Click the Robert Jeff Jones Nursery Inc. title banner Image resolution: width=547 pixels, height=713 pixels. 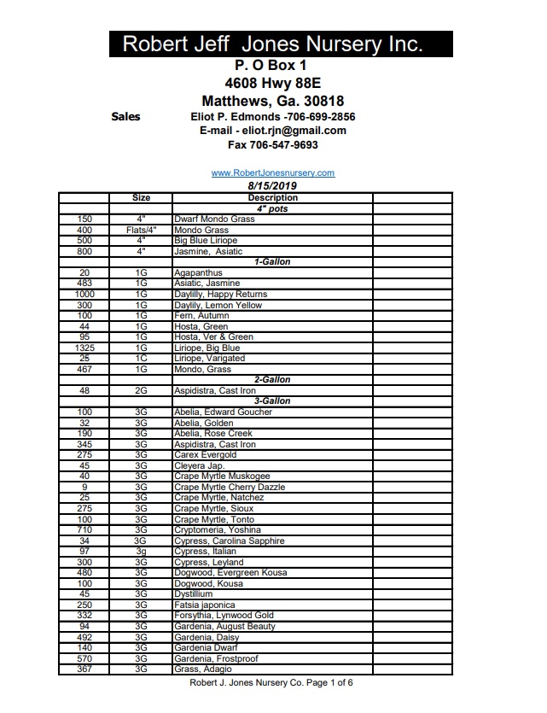click(273, 44)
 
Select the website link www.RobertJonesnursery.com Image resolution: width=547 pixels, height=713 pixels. click(273, 172)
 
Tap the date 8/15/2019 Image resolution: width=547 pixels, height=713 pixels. click(272, 185)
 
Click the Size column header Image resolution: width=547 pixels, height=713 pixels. click(141, 197)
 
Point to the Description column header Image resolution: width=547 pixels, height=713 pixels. click(272, 197)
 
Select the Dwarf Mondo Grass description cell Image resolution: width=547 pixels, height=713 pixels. click(214, 219)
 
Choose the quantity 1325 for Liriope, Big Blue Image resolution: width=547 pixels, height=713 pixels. click(84, 348)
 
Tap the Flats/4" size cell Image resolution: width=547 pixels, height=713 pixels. click(141, 231)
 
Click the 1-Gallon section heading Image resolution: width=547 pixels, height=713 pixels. click(272, 262)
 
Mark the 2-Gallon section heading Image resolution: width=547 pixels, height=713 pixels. click(272, 380)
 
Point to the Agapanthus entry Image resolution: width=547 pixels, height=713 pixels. click(199, 273)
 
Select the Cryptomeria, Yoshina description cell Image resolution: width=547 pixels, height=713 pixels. click(218, 530)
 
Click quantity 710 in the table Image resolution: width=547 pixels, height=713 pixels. click(84, 530)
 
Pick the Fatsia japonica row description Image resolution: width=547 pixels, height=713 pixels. click(204, 605)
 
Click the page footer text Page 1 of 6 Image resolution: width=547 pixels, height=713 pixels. click(324, 683)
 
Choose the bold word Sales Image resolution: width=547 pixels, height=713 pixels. click(126, 116)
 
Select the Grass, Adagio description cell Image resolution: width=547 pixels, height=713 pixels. click(202, 669)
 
